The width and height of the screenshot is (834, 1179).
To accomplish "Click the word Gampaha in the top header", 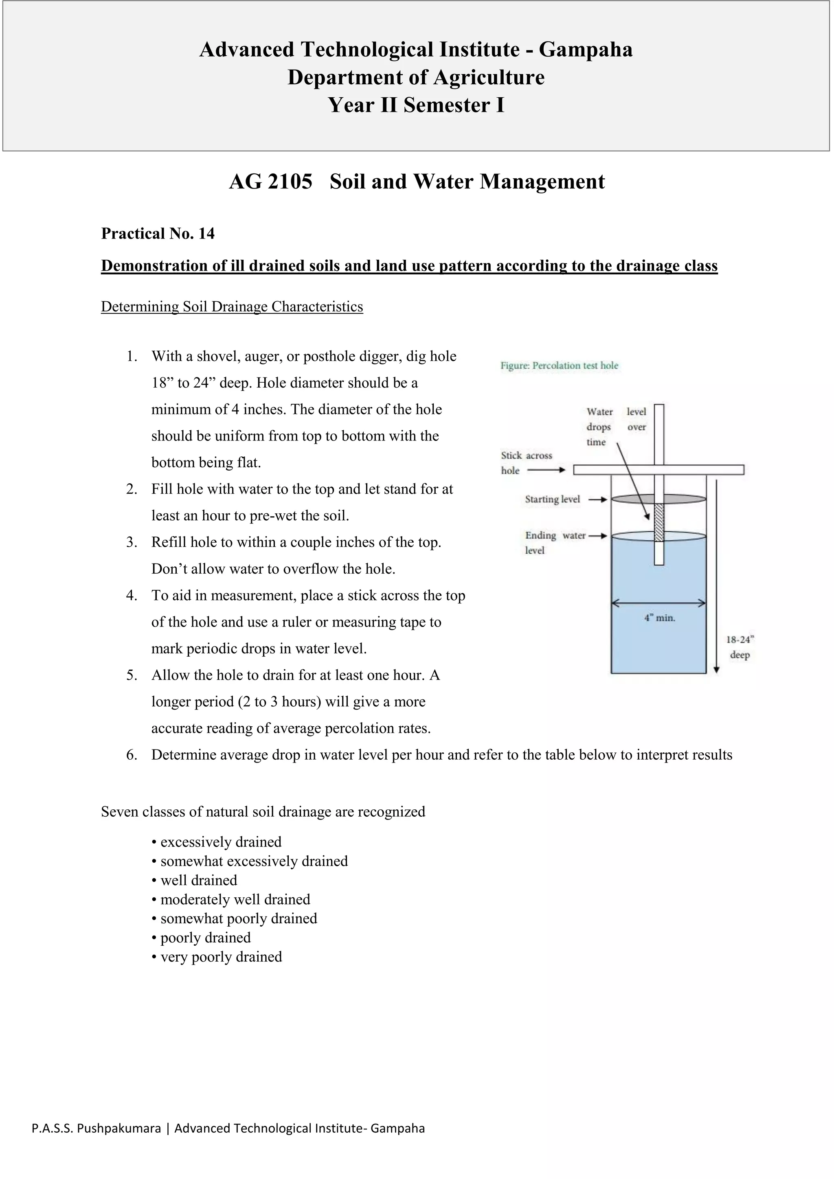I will click(586, 50).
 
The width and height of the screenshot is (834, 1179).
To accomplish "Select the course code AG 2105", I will click(271, 182).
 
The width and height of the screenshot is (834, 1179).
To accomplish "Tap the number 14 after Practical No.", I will click(206, 234).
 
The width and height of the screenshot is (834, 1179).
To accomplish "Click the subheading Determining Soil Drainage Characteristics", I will click(232, 307).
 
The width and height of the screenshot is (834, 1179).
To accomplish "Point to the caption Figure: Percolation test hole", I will click(559, 366).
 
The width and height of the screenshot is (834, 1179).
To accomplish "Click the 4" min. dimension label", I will click(659, 618).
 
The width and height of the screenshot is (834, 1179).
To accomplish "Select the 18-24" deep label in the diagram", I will click(740, 647).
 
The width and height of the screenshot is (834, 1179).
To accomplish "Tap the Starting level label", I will click(552, 499).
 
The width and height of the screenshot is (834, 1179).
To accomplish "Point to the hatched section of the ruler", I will click(659, 522).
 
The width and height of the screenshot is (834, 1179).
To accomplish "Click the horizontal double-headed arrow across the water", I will click(658, 603).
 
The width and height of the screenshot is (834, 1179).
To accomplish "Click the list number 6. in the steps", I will click(132, 755).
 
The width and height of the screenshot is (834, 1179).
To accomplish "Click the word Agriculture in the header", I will click(489, 77).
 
